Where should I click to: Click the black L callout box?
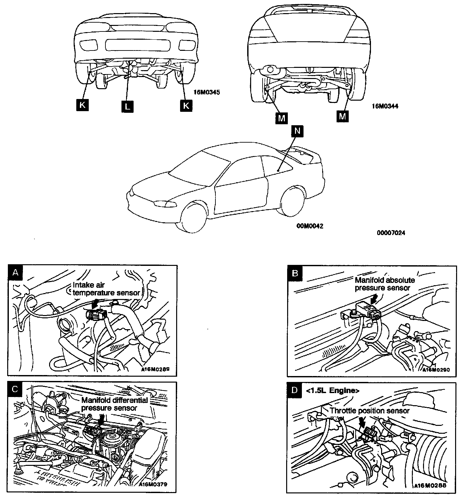[127, 106]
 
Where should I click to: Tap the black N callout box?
[297, 131]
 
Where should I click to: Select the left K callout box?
[83, 105]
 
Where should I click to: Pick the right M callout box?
[342, 116]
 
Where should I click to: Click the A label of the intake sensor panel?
[14, 272]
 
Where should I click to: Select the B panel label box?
[295, 273]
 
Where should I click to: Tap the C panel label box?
[14, 389]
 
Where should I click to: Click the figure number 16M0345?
[207, 92]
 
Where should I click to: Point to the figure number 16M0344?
[385, 106]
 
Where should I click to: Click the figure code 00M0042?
[310, 226]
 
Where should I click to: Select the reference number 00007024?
[391, 233]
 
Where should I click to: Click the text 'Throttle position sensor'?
[370, 411]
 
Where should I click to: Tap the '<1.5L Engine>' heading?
[332, 390]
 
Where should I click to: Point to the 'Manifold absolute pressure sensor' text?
[385, 284]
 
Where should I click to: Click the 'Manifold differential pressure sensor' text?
[114, 404]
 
